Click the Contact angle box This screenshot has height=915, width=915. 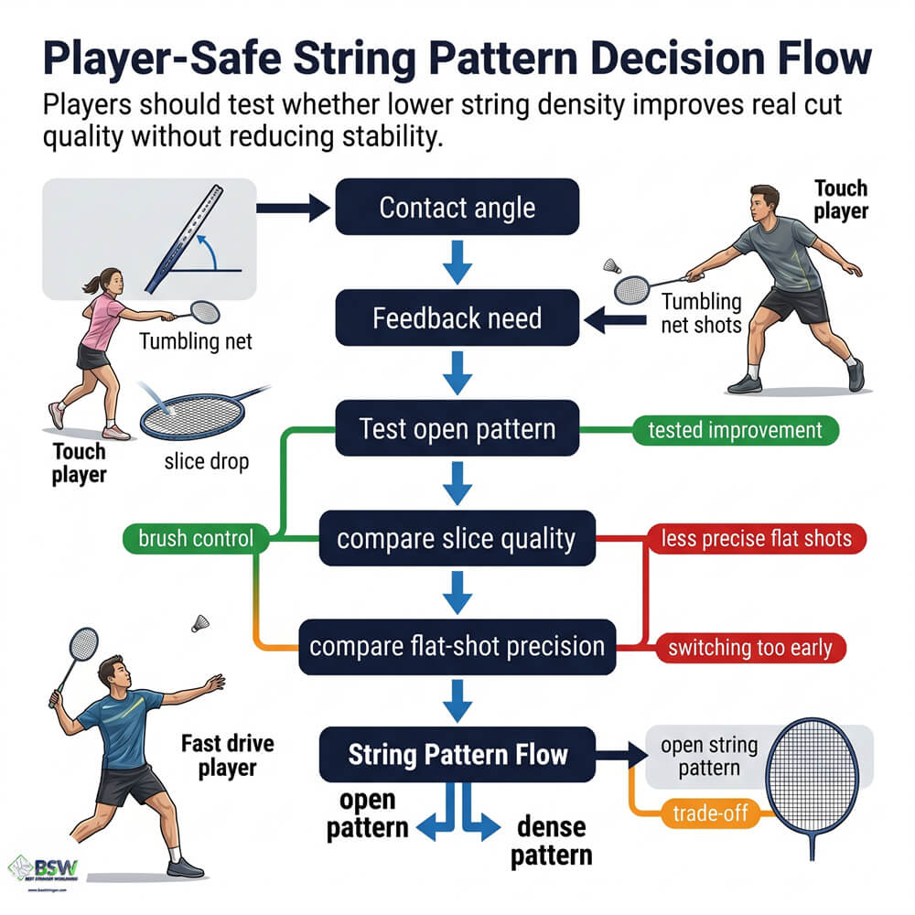[457, 207]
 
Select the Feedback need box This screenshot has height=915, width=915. [457, 318]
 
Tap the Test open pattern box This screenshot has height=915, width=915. [457, 428]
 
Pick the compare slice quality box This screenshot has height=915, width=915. [457, 538]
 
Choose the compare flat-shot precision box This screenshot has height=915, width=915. [457, 647]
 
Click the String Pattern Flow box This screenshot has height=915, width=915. [457, 755]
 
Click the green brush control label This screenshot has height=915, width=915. [196, 538]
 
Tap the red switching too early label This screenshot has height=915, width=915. [750, 649]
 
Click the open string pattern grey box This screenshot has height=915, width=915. [707, 757]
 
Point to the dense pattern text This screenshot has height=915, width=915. [551, 841]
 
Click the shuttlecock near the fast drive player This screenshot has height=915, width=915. [199, 622]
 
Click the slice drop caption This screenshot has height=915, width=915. [206, 461]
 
